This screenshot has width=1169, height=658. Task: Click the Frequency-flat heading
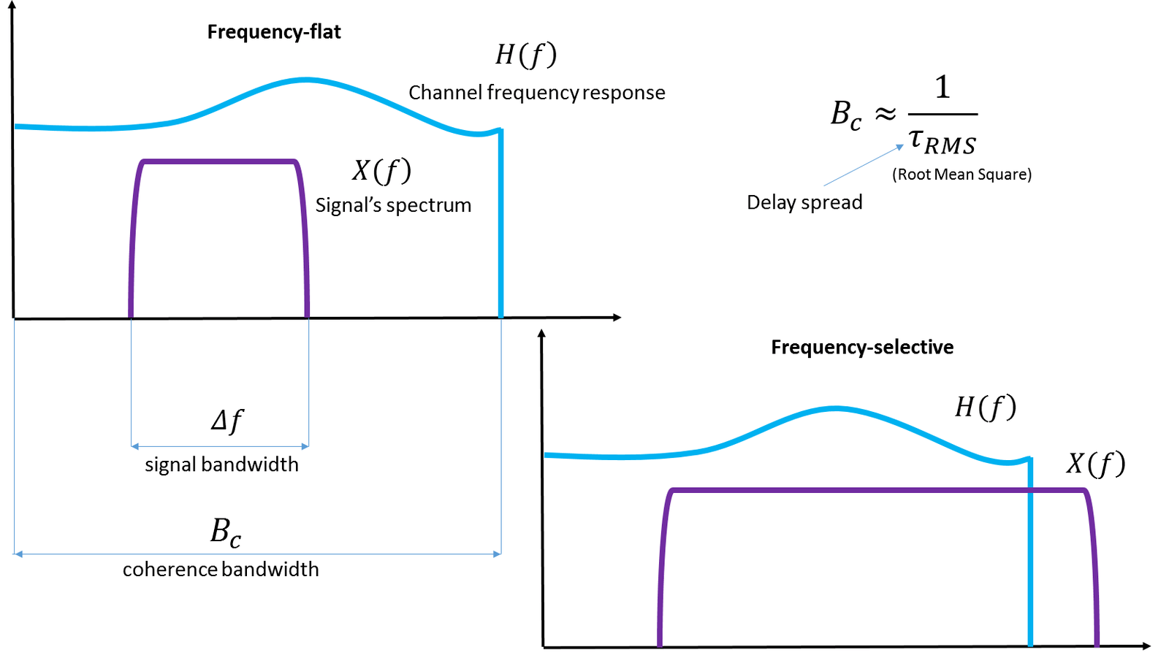[x=274, y=32]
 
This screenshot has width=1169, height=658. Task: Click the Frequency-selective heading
[x=862, y=347]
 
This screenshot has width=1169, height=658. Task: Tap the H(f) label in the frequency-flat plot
[x=526, y=55]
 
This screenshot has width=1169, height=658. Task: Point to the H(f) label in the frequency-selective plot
[x=986, y=408]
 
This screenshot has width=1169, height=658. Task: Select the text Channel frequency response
[x=537, y=93]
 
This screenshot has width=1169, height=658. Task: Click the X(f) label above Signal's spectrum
[x=381, y=171]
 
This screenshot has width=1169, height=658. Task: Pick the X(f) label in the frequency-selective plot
[x=1096, y=464]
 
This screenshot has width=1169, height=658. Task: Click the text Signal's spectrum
[x=393, y=205]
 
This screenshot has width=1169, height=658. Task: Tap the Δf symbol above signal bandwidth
[x=226, y=421]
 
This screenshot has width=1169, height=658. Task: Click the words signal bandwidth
[x=221, y=464]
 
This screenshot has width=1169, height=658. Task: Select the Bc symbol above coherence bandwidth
[x=225, y=532]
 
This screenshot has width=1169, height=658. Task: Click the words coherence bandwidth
[x=221, y=570]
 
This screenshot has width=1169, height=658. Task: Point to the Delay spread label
[x=804, y=202]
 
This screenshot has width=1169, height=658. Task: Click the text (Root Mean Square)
[x=962, y=175]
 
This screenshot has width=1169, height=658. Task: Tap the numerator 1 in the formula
[x=943, y=88]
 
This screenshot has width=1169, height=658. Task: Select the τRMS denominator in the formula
[x=943, y=140]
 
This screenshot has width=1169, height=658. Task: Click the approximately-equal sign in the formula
[x=886, y=115]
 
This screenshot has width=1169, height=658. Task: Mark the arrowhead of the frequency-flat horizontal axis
[x=617, y=317]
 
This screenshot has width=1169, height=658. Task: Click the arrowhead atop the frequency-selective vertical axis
[x=541, y=334]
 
